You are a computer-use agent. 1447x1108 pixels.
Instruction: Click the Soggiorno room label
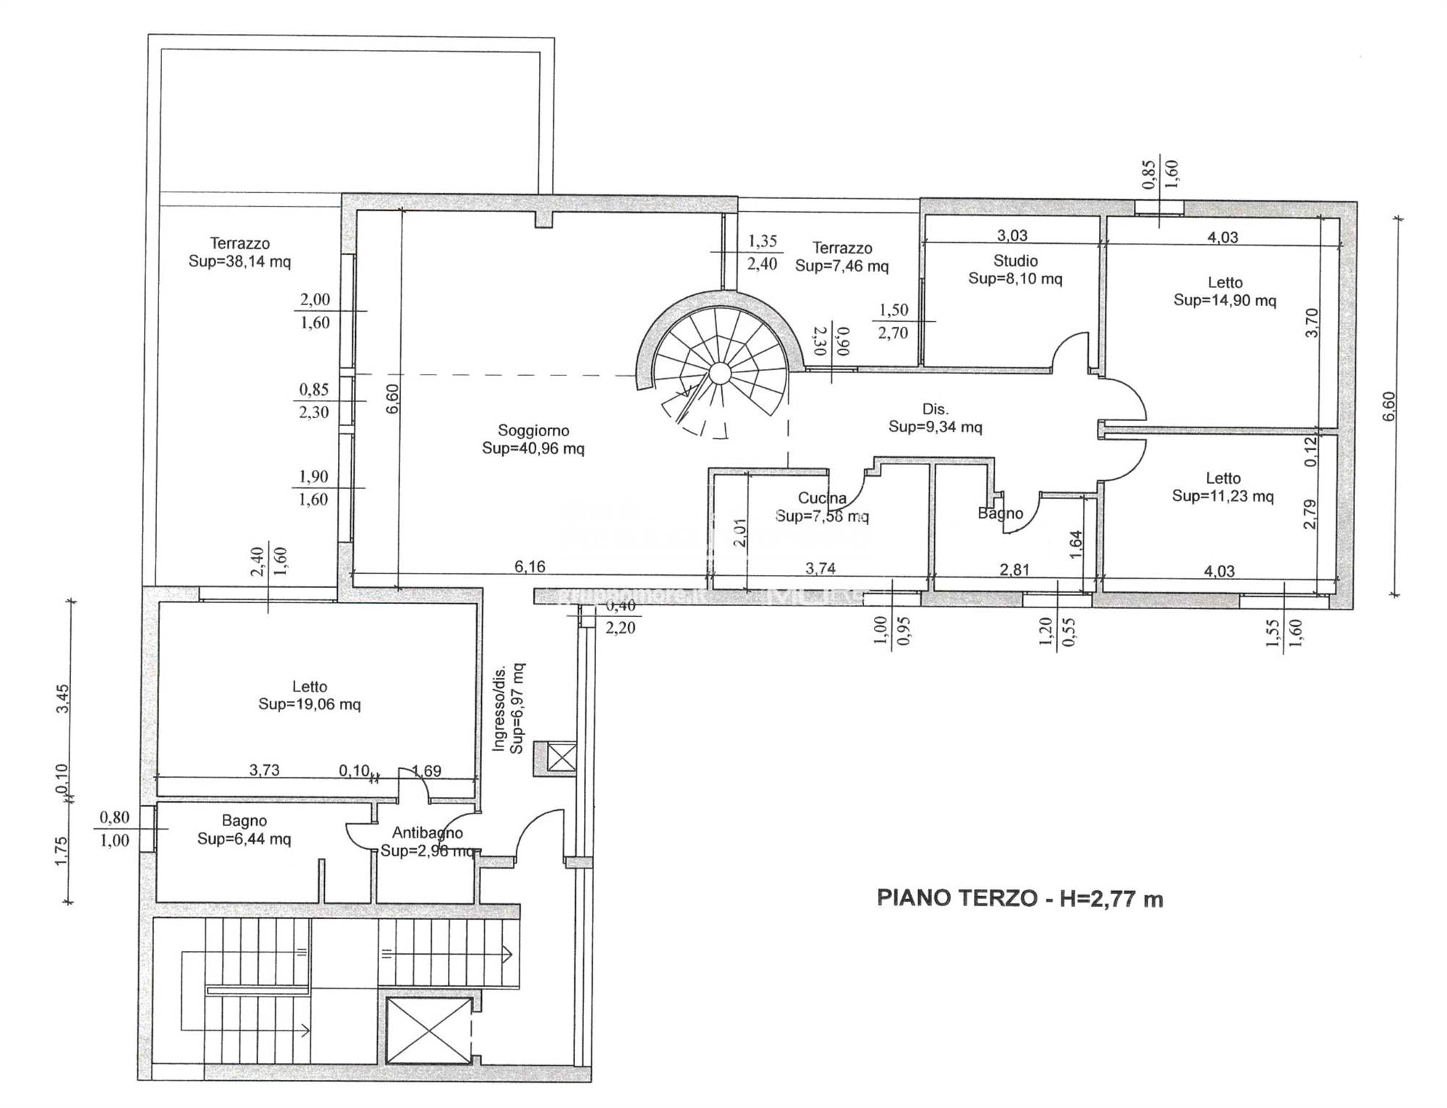click(533, 430)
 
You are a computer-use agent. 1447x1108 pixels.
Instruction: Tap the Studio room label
click(1015, 260)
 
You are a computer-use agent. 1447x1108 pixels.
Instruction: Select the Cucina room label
click(822, 498)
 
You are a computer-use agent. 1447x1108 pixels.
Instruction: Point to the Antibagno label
click(427, 833)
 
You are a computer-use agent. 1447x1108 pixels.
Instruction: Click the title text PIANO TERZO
click(956, 898)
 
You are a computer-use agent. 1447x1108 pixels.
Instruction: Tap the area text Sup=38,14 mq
click(239, 261)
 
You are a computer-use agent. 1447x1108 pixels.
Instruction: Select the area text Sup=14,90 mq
click(1224, 300)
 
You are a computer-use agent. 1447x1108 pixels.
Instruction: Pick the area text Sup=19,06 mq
click(310, 704)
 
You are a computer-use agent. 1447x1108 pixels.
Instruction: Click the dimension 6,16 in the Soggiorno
click(530, 566)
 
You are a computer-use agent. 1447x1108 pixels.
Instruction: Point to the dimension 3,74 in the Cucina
click(820, 568)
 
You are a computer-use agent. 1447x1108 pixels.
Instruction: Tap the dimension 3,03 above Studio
click(1012, 235)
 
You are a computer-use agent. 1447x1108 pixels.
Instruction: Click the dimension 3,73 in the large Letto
click(264, 770)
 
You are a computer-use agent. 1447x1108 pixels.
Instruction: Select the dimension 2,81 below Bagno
click(1014, 569)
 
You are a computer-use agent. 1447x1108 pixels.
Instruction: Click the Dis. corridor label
click(935, 409)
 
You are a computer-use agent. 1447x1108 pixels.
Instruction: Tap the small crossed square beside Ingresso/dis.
click(561, 758)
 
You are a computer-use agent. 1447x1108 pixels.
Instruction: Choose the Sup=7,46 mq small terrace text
click(841, 266)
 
